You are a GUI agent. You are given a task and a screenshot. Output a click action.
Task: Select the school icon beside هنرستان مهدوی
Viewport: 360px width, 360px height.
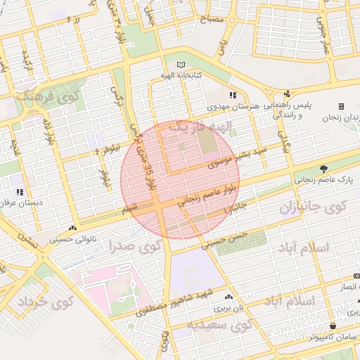(x=233, y=96)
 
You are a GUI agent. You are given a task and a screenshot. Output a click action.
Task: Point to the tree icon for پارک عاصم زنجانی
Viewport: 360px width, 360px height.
(x=324, y=169)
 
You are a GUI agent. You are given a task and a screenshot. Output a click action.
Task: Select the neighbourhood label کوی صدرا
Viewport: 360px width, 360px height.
(x=134, y=247)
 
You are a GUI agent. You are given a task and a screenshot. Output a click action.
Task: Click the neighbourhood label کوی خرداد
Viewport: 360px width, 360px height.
(x=44, y=302)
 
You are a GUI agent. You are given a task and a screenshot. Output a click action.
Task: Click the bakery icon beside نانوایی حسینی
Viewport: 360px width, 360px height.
(x=73, y=229)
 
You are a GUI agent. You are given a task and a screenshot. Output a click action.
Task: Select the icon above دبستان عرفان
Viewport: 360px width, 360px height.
(x=20, y=191)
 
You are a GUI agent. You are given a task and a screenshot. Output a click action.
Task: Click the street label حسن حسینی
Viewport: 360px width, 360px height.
(x=225, y=240)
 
